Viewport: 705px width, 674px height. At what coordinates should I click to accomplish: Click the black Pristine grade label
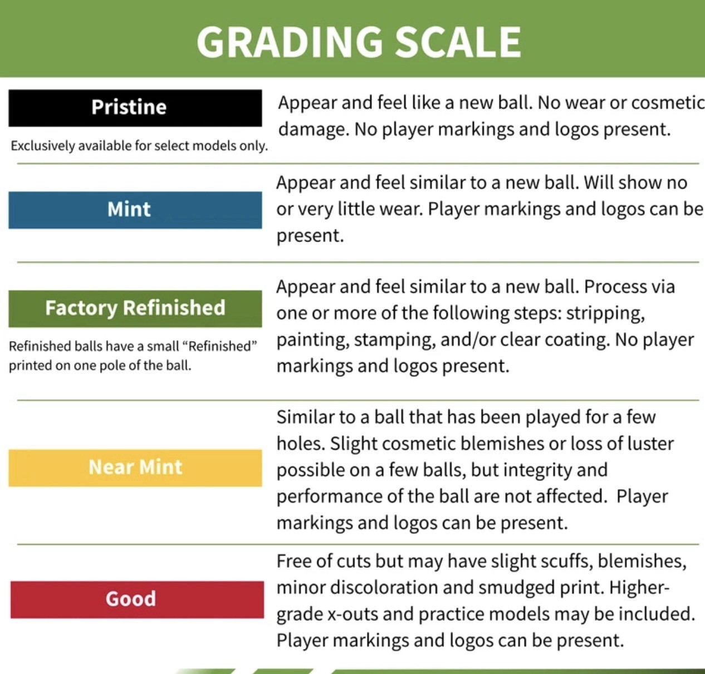coord(135,108)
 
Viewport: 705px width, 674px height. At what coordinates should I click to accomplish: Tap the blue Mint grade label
coord(135,210)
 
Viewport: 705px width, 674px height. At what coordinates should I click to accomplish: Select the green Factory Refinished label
coord(135,308)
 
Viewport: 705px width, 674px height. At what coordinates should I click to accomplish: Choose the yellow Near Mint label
coord(135,468)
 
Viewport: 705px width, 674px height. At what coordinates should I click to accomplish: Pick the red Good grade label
coord(137,600)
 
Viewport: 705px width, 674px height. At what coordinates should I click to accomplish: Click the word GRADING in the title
coord(290,42)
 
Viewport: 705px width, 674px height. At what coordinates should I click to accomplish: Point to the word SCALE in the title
coord(458,42)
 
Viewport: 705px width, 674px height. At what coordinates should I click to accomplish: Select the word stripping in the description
coord(605,314)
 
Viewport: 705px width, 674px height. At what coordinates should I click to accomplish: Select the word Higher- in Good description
coord(639,588)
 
